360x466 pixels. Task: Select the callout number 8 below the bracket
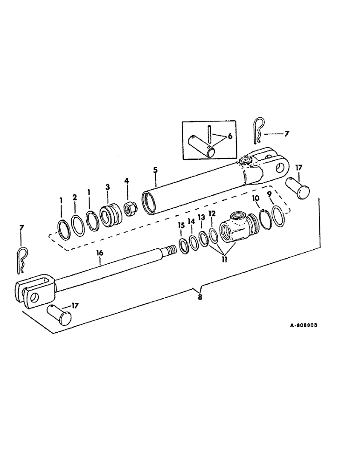[x=200, y=297]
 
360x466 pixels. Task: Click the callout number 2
[x=74, y=197]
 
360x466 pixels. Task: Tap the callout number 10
[x=256, y=198]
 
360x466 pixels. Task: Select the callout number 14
[x=191, y=221]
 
